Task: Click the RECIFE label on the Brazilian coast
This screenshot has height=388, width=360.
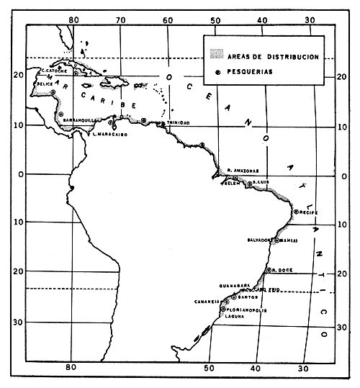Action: tap(307, 214)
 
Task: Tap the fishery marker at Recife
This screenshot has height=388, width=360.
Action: tap(295, 212)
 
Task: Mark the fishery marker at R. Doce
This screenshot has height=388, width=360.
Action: tap(269, 270)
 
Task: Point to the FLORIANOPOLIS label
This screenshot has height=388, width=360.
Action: tap(247, 310)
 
